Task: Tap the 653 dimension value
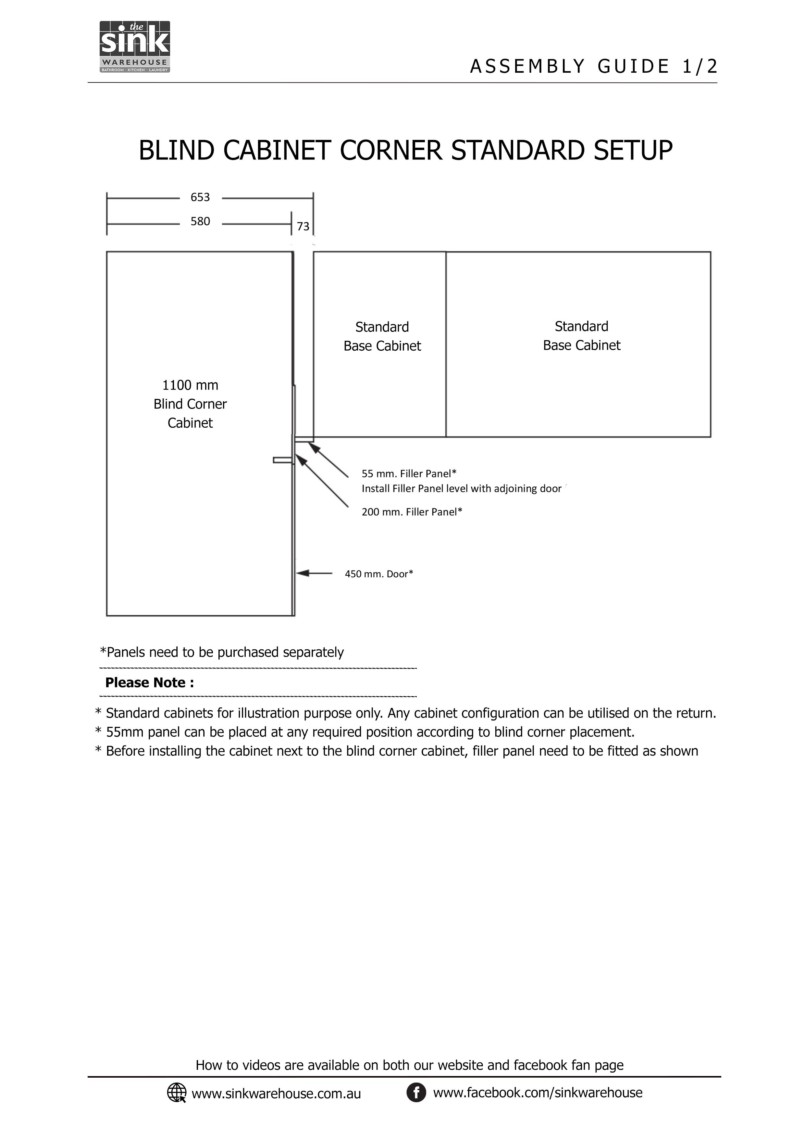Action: (x=200, y=197)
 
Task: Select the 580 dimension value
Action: (x=200, y=221)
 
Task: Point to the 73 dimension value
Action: (x=303, y=227)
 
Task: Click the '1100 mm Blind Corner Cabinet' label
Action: (x=190, y=404)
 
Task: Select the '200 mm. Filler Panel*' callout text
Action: (x=412, y=512)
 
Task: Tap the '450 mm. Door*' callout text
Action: (x=379, y=574)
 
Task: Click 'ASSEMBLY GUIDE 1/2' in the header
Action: (x=593, y=67)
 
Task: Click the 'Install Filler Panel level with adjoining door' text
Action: (x=461, y=489)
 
